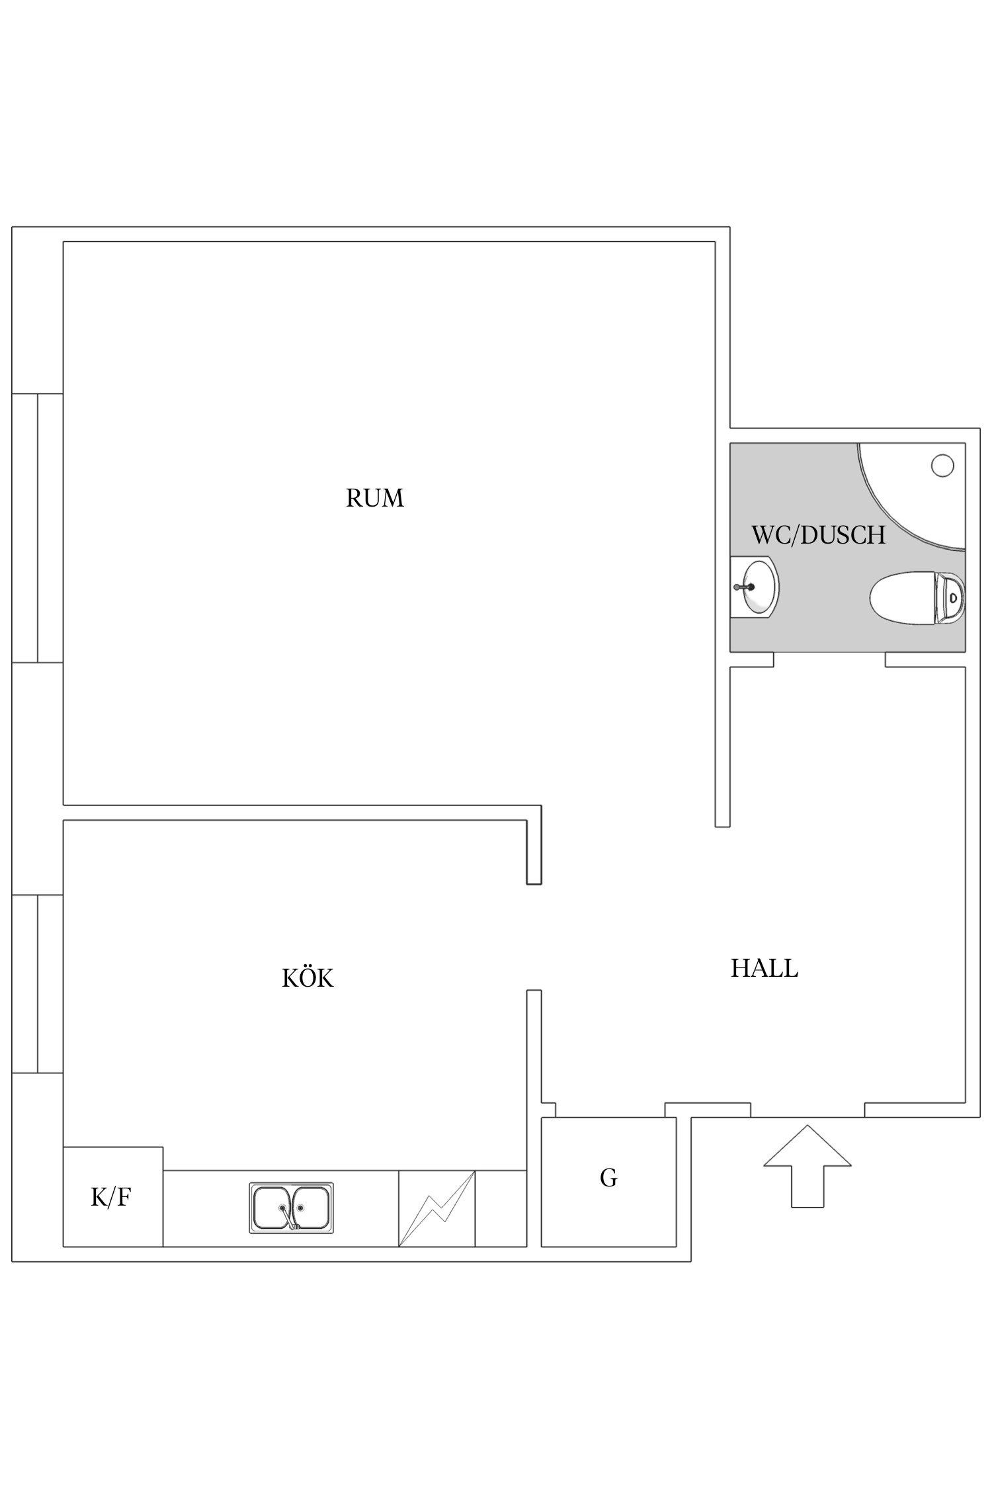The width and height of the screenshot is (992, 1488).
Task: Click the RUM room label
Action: coord(374,498)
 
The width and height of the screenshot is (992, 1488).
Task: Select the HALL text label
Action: coord(764,968)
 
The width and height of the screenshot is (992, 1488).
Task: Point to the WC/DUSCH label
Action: coord(818,534)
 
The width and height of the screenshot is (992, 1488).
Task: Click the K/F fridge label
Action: coord(110,1197)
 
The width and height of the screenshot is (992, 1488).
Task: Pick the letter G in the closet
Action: coord(608,1178)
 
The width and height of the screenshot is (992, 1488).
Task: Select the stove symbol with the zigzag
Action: coord(436,1208)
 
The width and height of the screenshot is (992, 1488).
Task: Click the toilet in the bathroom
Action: coord(917,597)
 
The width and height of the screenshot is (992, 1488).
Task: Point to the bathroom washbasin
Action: coord(755,586)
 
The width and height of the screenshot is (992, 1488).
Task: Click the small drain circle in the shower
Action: coord(942,466)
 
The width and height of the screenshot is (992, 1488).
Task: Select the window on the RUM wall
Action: coord(38,528)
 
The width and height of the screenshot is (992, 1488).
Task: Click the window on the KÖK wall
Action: coord(38,983)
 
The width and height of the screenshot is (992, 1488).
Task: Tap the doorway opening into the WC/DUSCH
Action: coord(829,660)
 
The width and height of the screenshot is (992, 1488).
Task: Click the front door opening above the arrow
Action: coord(807,1110)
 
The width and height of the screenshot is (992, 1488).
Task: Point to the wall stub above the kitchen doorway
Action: coord(534,845)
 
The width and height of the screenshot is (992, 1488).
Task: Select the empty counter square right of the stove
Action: coord(501,1208)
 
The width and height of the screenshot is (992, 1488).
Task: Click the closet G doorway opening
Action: coord(610,1110)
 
